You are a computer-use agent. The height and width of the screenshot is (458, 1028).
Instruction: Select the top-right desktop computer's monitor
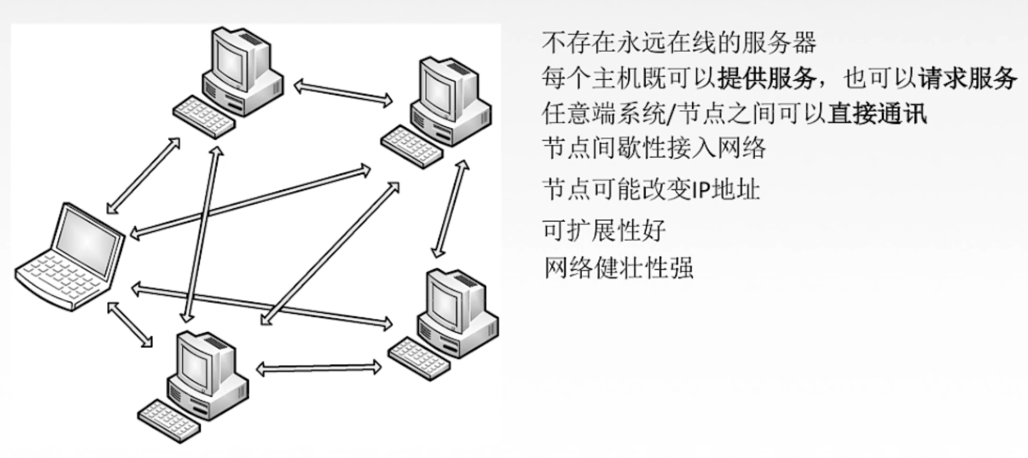(441, 87)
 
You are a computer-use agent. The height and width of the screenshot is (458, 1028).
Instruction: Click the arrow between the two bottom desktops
(318, 367)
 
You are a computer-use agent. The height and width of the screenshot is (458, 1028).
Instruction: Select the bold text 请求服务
(967, 78)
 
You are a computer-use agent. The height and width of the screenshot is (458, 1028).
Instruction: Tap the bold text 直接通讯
(877, 113)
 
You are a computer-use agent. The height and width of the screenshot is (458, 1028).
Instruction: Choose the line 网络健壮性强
(618, 268)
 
